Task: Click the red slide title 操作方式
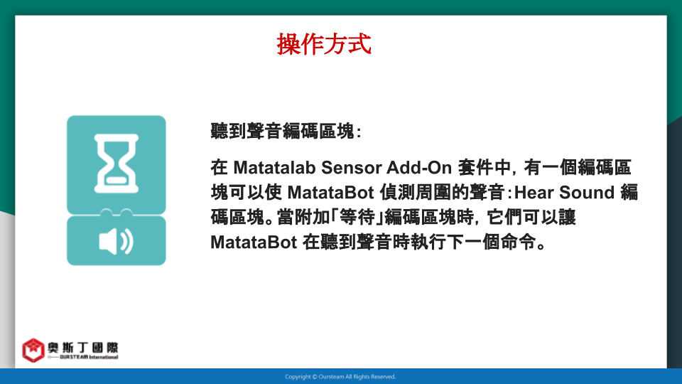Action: pos(324,44)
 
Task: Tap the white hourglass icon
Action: pos(117,164)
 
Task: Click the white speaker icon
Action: pos(116,241)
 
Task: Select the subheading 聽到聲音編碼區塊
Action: pos(283,131)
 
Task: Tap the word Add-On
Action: pos(420,168)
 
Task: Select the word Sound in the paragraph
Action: pos(587,193)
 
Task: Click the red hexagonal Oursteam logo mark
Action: pos(33,350)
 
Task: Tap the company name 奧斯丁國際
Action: pos(82,348)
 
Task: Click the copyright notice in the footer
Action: pos(340,377)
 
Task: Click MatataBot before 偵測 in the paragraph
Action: pos(330,193)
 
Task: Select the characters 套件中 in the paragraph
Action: pos(484,168)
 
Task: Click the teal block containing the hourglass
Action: pos(116,164)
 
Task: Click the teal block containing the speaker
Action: pos(116,240)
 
